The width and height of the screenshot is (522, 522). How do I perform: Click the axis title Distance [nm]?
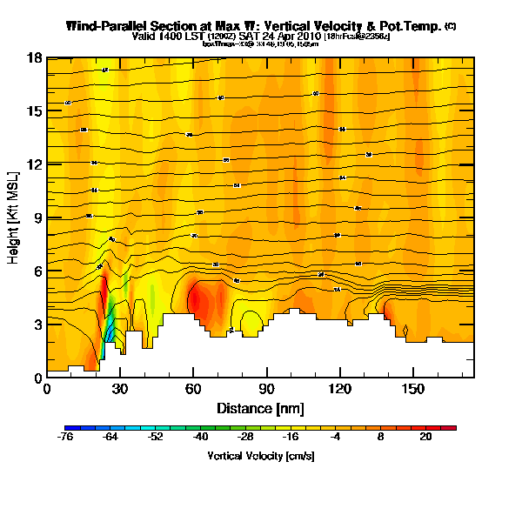click(260, 407)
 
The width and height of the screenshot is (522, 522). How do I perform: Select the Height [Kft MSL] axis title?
click(15, 217)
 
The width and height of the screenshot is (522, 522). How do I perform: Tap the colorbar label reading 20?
click(425, 438)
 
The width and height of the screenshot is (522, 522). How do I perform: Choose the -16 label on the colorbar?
click(291, 438)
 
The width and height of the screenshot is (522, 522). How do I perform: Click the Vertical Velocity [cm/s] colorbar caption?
click(260, 456)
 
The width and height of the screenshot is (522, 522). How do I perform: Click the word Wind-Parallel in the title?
click(106, 26)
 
